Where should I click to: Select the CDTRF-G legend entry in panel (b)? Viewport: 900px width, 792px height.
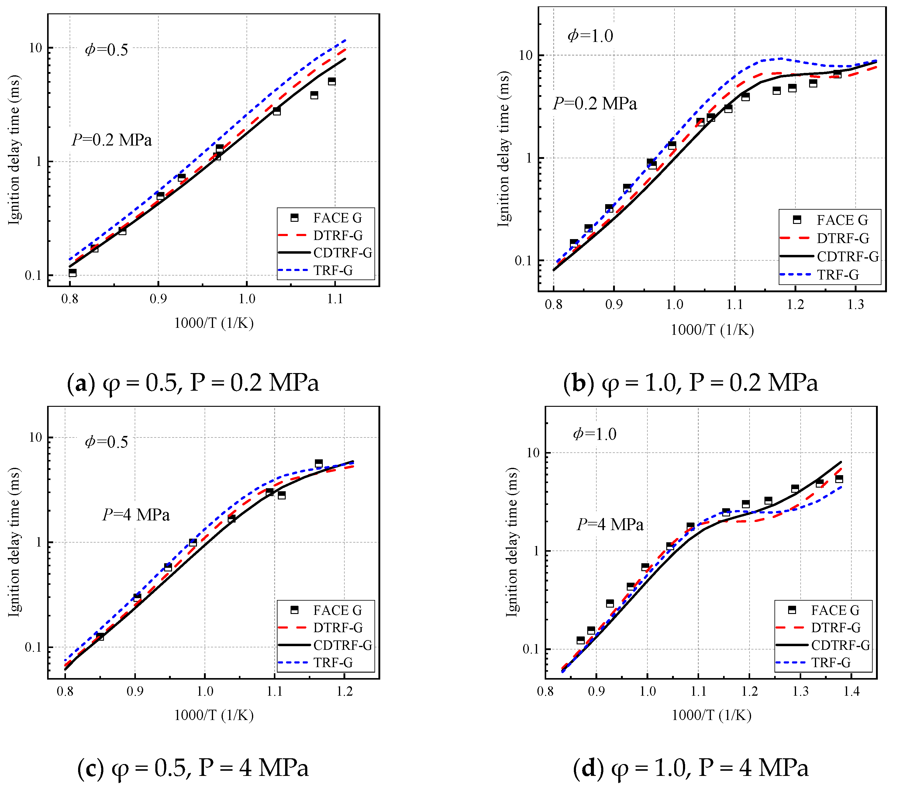(847, 256)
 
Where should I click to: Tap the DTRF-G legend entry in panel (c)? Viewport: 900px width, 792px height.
(337, 627)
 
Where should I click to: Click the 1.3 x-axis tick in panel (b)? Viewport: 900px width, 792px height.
(856, 304)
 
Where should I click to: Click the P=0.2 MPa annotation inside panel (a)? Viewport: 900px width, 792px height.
(112, 140)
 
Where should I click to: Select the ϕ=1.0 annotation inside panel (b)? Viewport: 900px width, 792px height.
(590, 36)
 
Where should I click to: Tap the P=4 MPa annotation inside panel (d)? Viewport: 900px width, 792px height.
(610, 524)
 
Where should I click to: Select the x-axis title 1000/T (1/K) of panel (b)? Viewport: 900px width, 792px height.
(712, 330)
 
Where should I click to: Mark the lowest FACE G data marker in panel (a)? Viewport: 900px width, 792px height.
(73, 273)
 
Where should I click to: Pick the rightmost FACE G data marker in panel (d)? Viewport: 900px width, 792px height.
(839, 479)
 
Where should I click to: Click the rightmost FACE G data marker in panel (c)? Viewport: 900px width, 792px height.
(319, 463)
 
